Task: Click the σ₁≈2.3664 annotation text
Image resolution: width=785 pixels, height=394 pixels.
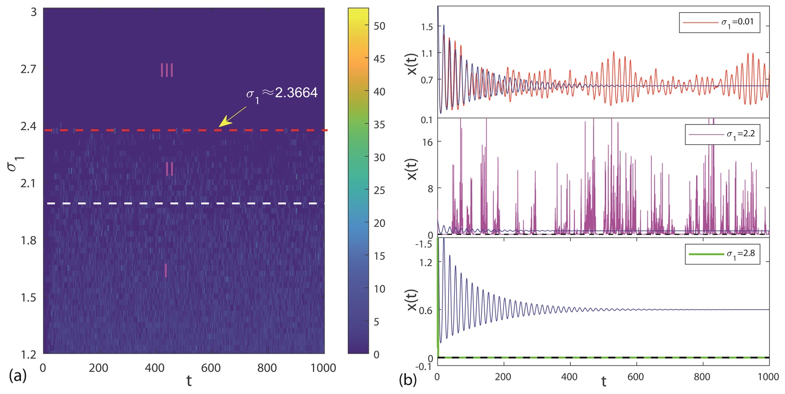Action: coord(282,93)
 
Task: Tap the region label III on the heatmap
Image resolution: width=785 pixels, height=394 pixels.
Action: coord(167,70)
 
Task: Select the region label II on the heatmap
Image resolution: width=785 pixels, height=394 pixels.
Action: coord(170,169)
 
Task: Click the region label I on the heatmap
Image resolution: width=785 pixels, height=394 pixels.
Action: coord(166,271)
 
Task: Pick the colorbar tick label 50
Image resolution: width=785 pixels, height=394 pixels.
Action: coord(379,26)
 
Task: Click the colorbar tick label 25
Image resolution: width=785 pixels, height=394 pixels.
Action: coord(379,190)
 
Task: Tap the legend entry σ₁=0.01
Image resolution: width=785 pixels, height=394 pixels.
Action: coord(719,22)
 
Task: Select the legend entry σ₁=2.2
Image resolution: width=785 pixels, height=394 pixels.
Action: coord(722,134)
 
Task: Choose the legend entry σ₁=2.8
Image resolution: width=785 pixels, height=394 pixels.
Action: coord(722,254)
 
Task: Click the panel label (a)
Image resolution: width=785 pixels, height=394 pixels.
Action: coord(18,376)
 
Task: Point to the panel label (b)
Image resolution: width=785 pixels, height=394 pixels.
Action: coord(408,379)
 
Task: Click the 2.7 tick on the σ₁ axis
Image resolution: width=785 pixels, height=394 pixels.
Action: coord(28,69)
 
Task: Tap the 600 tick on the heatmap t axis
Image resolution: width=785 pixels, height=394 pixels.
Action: coord(211,368)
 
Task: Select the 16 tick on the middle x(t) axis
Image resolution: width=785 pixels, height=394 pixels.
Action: coord(428,142)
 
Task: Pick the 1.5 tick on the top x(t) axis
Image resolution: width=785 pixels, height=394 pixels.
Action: coord(427,27)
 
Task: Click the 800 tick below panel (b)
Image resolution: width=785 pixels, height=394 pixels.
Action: coord(702,377)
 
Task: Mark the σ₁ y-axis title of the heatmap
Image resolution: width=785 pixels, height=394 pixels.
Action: coord(13,163)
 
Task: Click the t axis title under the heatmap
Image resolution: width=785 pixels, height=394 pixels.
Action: coord(189,380)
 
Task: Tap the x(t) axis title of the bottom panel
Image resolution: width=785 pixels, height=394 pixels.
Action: coord(412,300)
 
